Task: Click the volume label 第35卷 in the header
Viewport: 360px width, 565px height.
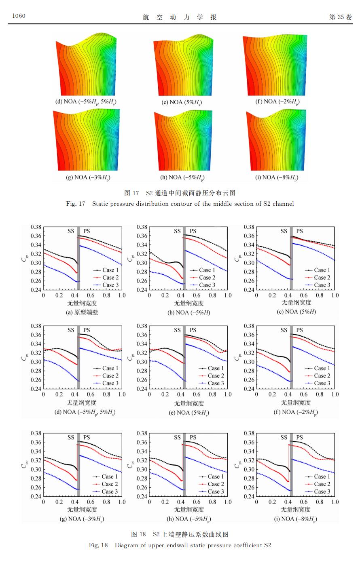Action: (341, 17)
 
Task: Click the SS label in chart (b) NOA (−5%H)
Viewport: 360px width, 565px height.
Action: (177, 231)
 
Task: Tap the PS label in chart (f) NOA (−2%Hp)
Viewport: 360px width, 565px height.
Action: (299, 330)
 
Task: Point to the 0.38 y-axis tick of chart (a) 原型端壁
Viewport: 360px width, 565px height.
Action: (36, 227)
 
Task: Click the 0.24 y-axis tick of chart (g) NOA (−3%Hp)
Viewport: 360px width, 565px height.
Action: (36, 496)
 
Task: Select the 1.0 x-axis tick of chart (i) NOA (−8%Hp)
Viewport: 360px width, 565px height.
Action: (335, 502)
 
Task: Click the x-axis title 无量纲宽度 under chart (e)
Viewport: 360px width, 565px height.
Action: (189, 403)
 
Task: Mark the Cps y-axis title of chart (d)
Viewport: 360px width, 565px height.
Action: (23, 357)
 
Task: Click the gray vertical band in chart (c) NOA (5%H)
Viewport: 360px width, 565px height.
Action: (291, 258)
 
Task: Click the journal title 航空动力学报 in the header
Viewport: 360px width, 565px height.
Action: (180, 17)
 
